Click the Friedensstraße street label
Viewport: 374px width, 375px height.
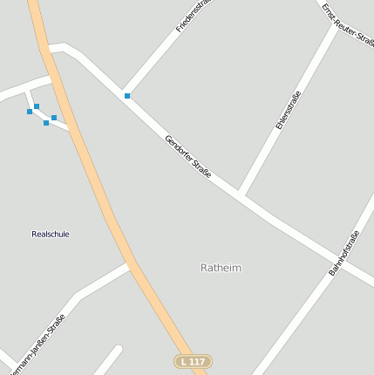194,16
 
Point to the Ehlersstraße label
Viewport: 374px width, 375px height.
288,111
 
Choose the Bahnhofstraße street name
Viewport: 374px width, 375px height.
344,254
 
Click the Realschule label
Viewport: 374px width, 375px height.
50,234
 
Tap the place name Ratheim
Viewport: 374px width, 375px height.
221,268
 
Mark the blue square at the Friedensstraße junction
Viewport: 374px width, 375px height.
127,96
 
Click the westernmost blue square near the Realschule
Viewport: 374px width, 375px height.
30,112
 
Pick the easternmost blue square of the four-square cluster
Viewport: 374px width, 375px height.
54,118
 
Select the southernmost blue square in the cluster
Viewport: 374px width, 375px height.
46,123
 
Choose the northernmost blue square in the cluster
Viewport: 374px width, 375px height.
37,106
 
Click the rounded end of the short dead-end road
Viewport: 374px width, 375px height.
118,350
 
